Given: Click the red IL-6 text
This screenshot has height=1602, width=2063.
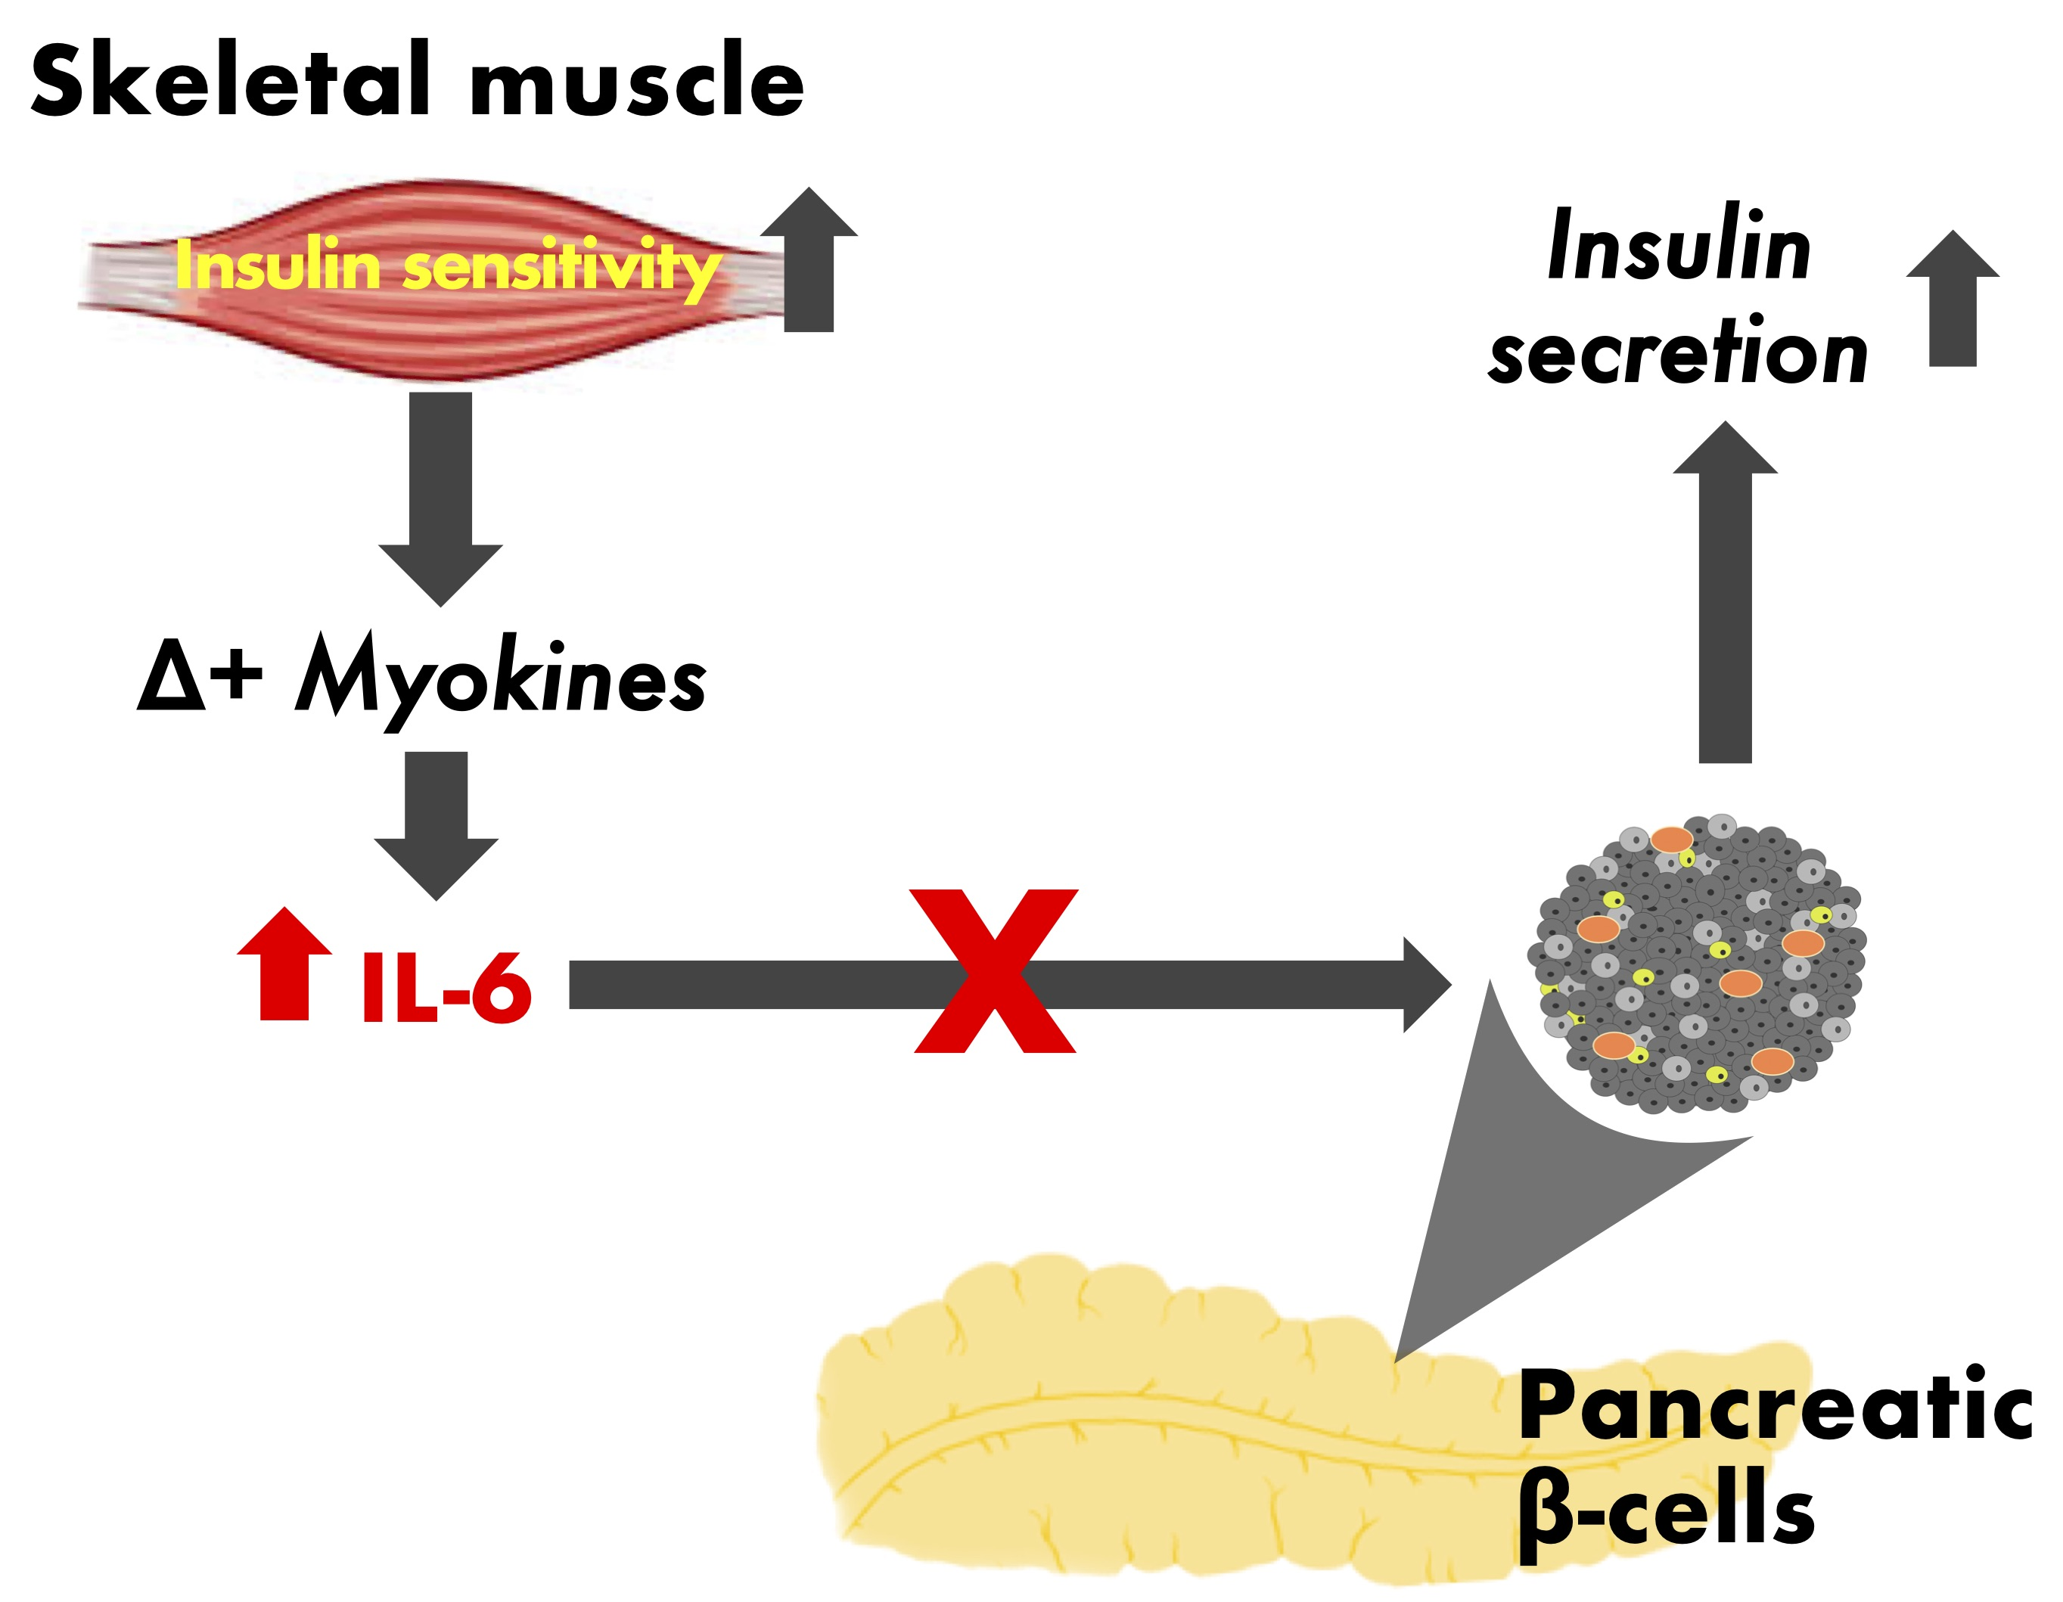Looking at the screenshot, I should pos(446,986).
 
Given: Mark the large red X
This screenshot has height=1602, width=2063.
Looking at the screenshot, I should pos(995,970).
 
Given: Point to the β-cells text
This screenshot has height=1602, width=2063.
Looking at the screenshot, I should pos(1667,1511).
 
